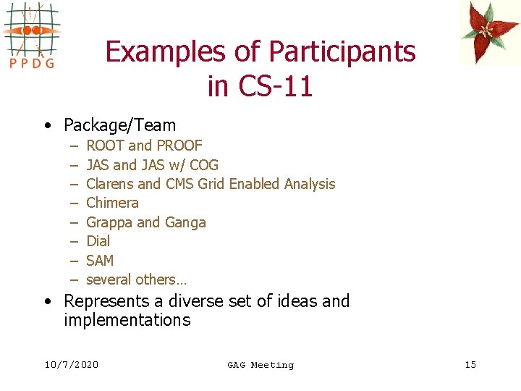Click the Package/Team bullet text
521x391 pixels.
[x=119, y=125]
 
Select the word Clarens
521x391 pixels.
[x=109, y=184]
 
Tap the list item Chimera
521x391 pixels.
[x=112, y=203]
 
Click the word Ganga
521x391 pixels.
[x=186, y=222]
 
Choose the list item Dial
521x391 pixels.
[x=98, y=241]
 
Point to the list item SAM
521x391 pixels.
[x=100, y=260]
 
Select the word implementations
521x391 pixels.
[x=127, y=320]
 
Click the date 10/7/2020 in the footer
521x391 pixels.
[x=71, y=364]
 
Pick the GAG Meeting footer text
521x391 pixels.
[x=260, y=365]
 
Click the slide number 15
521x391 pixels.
[x=470, y=364]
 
